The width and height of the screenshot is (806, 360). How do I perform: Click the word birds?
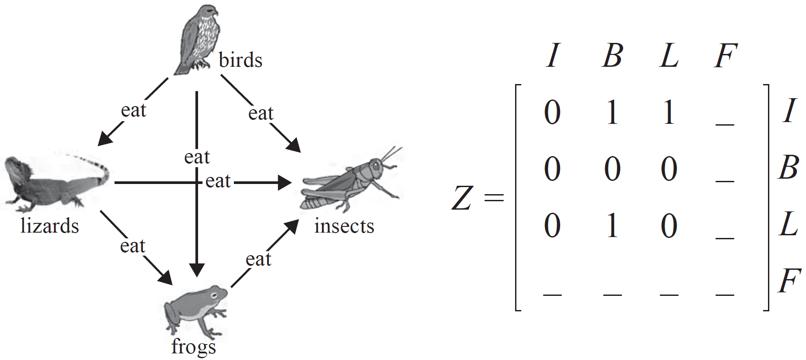click(x=241, y=60)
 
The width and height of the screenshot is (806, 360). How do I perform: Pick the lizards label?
click(x=50, y=226)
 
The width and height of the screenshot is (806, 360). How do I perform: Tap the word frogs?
click(x=194, y=347)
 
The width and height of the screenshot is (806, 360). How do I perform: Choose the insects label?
click(x=344, y=226)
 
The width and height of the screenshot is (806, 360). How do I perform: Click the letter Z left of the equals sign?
click(x=462, y=198)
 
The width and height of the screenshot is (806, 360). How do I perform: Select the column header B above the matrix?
click(x=612, y=56)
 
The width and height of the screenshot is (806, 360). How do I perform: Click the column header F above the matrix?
click(x=725, y=56)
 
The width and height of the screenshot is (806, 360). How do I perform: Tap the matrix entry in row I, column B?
click(x=612, y=112)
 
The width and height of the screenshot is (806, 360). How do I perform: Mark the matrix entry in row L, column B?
click(x=612, y=226)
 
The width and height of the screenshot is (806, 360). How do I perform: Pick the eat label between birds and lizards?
click(x=133, y=110)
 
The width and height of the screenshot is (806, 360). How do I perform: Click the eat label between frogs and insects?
click(x=258, y=259)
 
